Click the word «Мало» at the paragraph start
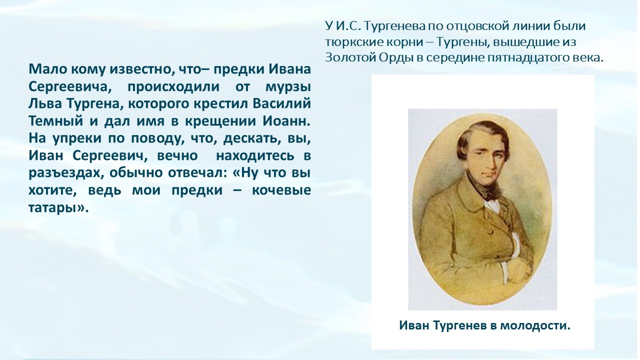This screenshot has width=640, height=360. coord(47,69)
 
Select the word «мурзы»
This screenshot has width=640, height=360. coord(288,87)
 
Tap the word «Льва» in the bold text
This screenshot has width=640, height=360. coord(45,103)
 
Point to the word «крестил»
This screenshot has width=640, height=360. coord(221,104)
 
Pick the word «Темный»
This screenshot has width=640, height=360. coord(55,121)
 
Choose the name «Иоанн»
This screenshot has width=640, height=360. coord(286,121)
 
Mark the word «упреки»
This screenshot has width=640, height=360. coord(77,139)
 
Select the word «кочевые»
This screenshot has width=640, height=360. coord(281,190)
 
